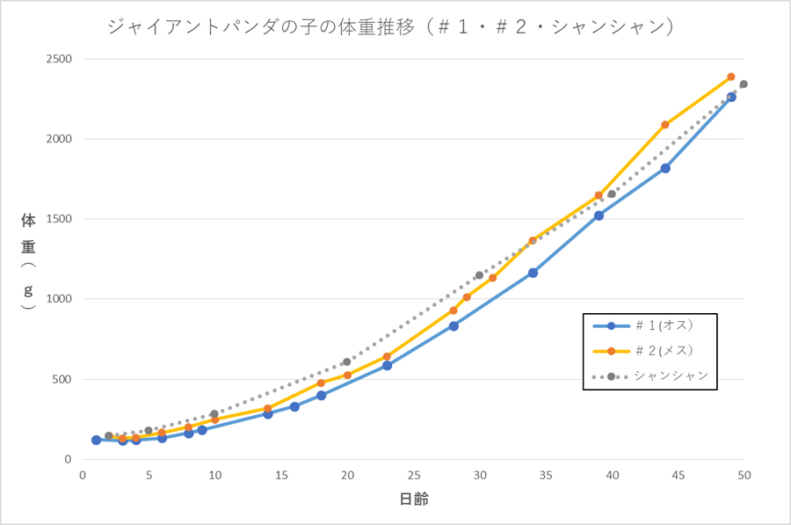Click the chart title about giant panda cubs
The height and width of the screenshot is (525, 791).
click(391, 27)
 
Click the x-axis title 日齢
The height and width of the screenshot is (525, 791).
click(413, 499)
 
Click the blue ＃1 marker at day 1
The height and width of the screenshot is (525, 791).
click(96, 440)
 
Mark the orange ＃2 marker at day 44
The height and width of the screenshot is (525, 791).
click(665, 125)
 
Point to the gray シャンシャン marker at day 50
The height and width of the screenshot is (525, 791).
click(744, 84)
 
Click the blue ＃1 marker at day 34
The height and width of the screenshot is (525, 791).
click(533, 273)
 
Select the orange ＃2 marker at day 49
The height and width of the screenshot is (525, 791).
click(731, 77)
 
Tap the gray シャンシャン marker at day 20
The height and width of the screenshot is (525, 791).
click(347, 361)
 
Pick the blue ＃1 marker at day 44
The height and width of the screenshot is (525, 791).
click(665, 168)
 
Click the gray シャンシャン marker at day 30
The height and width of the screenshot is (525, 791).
click(480, 275)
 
